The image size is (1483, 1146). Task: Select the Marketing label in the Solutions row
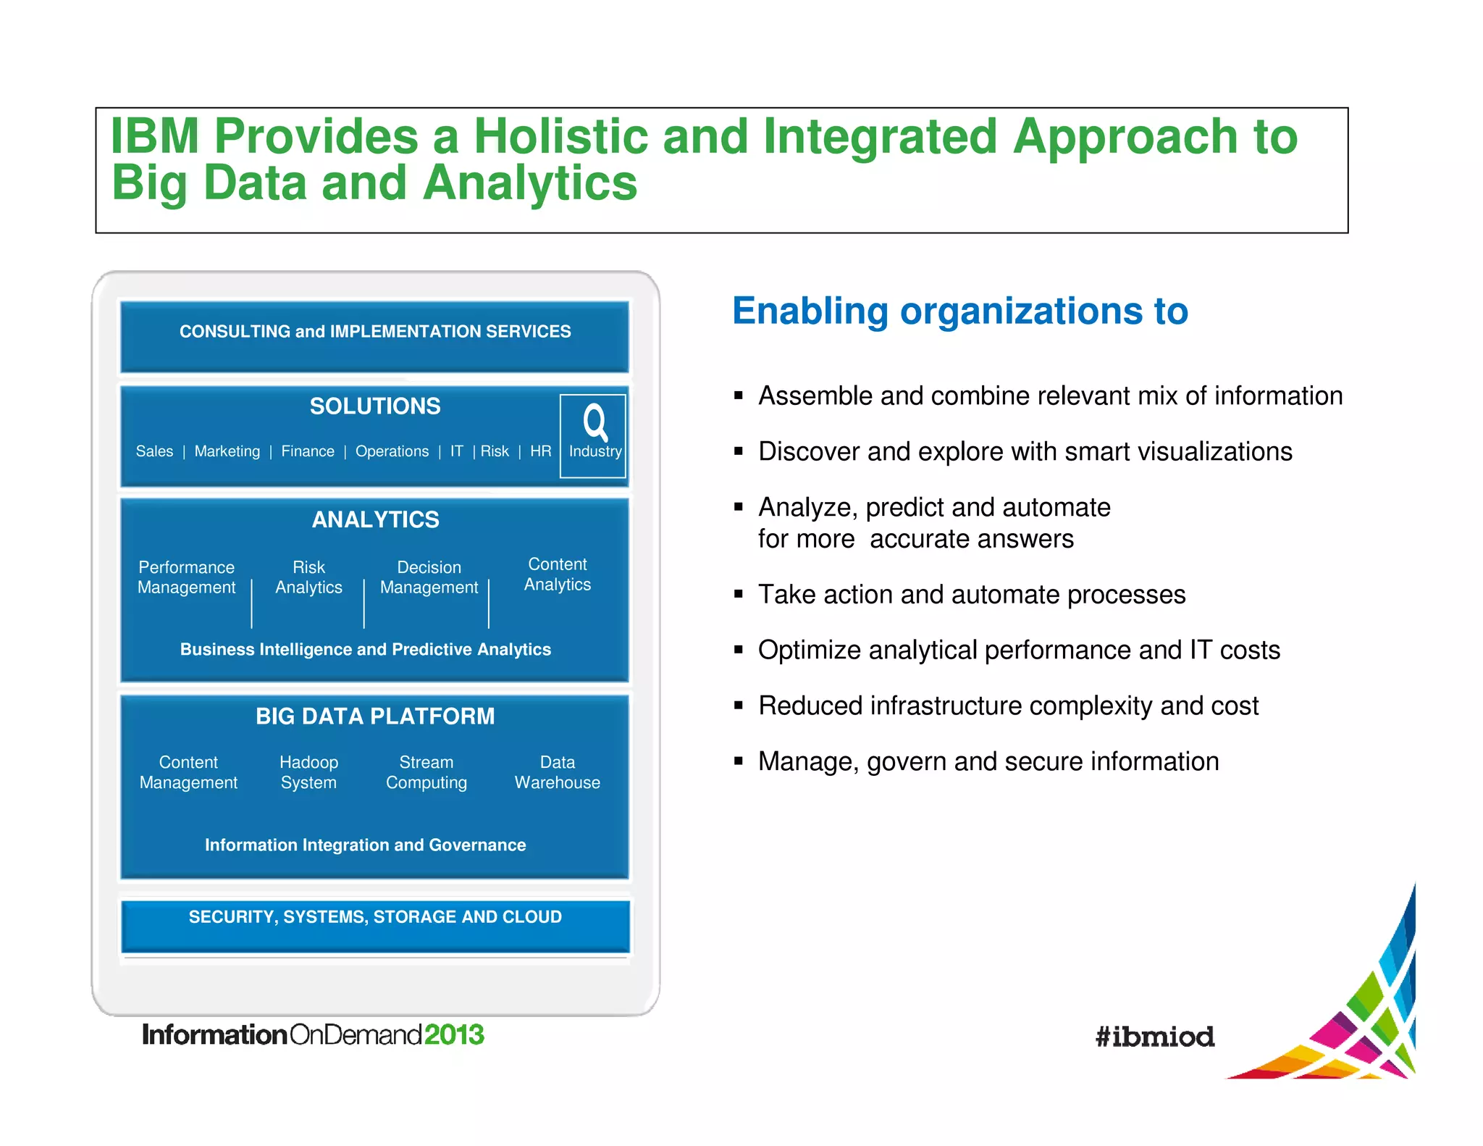click(227, 451)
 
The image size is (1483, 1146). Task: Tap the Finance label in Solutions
click(308, 451)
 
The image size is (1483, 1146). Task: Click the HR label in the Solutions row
click(540, 451)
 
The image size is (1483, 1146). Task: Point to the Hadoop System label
click(308, 772)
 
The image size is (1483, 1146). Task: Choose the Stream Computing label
click(427, 772)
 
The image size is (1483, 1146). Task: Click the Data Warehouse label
click(557, 772)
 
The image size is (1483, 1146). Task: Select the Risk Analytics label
click(308, 577)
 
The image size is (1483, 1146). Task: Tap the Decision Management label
click(429, 577)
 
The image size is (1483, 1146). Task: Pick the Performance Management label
click(187, 577)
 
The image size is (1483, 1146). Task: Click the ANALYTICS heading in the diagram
click(375, 519)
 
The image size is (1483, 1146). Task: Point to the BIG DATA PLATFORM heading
click(375, 716)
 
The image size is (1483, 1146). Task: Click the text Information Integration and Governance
click(365, 845)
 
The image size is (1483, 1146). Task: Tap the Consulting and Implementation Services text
click(375, 332)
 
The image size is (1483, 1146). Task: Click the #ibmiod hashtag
click(1154, 1037)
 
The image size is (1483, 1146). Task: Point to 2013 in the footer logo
click(454, 1034)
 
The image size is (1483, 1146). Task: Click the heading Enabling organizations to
click(960, 311)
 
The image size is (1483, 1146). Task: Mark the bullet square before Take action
click(739, 594)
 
